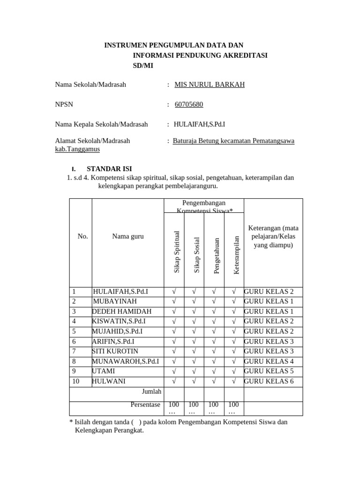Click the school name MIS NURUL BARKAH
coord(209,84)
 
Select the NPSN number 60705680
coord(188,104)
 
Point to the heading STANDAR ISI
coord(109,169)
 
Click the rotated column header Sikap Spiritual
coord(177,252)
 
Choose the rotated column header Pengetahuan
coord(216,255)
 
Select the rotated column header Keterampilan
coord(236,255)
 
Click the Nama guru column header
coord(127,236)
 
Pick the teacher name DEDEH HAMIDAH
coord(122,311)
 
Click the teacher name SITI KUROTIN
coord(115,351)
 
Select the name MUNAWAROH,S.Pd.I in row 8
coord(125,361)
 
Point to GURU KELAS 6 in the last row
coord(269,381)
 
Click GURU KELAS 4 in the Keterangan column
coord(269,361)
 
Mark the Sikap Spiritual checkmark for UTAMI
coord(174,371)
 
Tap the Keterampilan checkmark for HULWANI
coord(233,381)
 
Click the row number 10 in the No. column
coord(75,381)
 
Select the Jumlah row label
coord(151,391)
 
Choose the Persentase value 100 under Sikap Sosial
coord(194,405)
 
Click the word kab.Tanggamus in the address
coord(77,149)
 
